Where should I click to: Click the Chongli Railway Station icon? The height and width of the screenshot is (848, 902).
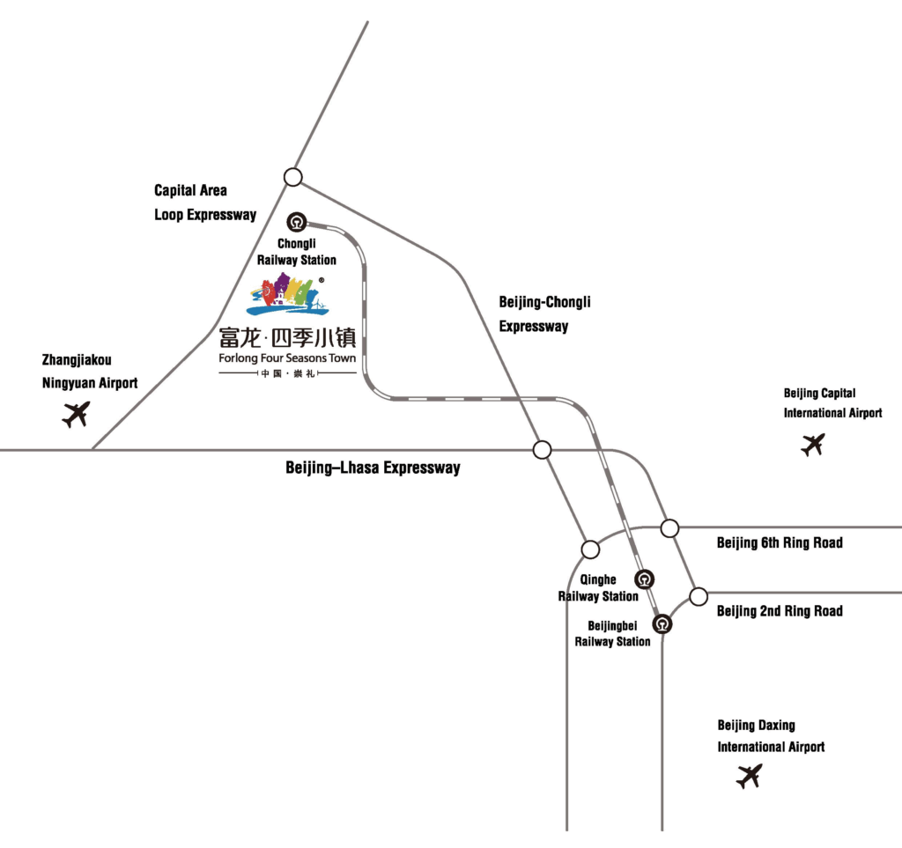tap(297, 221)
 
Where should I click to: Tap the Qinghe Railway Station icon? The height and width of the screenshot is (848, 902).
tap(645, 579)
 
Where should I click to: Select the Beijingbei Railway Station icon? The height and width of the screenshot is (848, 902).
tap(662, 623)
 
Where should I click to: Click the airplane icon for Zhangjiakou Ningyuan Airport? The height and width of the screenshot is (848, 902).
tap(77, 413)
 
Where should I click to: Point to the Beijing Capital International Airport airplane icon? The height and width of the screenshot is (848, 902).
tap(813, 445)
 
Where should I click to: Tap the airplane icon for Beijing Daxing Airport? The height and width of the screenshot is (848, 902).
tap(750, 776)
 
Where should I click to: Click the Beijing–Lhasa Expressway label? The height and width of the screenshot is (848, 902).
tap(373, 468)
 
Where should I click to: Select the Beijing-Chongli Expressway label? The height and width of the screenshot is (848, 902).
tap(544, 314)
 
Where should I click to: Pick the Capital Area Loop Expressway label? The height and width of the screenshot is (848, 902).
tap(205, 203)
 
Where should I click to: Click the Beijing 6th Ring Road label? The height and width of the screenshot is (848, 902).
tap(779, 543)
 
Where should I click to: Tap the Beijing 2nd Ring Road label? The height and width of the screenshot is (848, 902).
tap(779, 611)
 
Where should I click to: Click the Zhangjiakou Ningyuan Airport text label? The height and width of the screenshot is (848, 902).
tap(90, 372)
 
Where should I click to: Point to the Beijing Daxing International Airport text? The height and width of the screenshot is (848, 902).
tap(771, 736)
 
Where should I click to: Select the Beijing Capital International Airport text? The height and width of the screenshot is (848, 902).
tap(832, 403)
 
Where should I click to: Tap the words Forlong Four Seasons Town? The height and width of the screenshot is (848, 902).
tap(287, 359)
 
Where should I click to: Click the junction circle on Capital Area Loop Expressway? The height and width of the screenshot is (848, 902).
tap(293, 177)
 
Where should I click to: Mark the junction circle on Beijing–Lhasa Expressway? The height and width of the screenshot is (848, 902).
tap(542, 450)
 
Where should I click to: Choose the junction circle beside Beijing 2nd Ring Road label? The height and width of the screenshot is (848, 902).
tap(699, 596)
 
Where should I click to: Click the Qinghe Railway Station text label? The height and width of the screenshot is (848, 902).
tap(598, 588)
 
